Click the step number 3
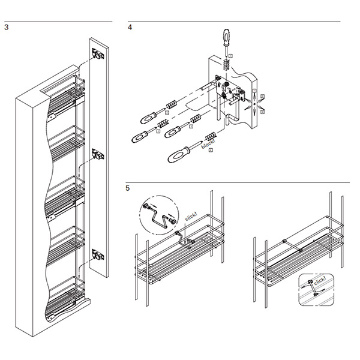pyautogui.click(x=6, y=27)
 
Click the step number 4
pyautogui.click(x=130, y=27)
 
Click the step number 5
pyautogui.click(x=128, y=188)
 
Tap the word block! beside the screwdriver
pyautogui.click(x=209, y=144)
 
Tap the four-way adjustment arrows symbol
pyautogui.click(x=256, y=103)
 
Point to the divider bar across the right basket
pyautogui.click(x=297, y=247)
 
